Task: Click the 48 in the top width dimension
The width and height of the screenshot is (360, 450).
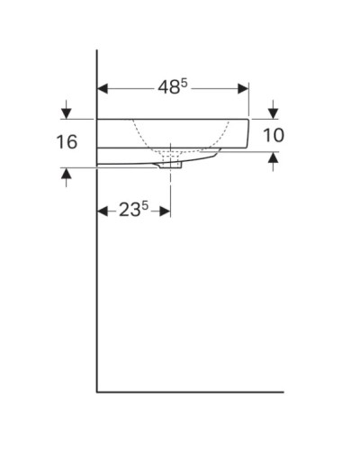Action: [x=168, y=88]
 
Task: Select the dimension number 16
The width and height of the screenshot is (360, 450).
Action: [x=66, y=142]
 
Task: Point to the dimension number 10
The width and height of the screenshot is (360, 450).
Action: [x=274, y=136]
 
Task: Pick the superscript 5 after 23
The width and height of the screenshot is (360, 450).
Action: [x=146, y=205]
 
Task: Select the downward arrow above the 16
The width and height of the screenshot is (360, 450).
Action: [x=66, y=112]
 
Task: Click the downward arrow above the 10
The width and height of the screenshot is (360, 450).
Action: [x=274, y=112]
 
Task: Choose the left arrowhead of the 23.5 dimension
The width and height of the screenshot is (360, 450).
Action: [x=102, y=211]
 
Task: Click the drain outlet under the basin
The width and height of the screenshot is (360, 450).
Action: [x=171, y=165]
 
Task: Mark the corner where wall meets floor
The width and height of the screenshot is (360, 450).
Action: [x=97, y=391]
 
